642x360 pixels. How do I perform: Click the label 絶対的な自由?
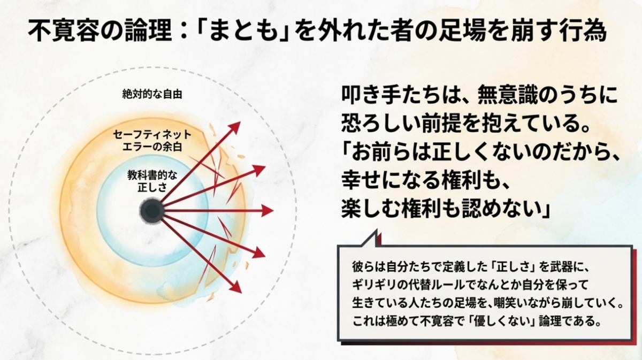click(152, 94)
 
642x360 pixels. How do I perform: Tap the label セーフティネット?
click(152, 134)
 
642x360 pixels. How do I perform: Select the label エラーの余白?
click(152, 147)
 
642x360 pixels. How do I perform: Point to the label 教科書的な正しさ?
click(152, 181)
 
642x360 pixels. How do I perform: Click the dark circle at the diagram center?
click(152, 211)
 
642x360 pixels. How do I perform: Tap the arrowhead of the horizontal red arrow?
click(268, 211)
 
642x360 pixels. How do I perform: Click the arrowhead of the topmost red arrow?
click(235, 126)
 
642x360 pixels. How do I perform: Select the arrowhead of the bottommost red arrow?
click(236, 287)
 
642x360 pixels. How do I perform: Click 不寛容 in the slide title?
click(63, 30)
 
